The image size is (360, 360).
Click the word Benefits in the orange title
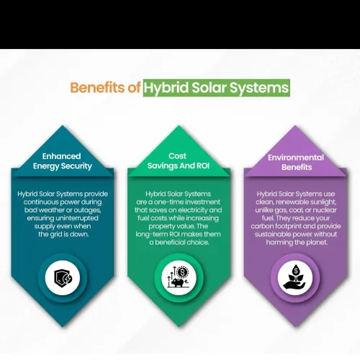pyautogui.click(x=98, y=87)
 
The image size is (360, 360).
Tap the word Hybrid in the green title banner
pyautogui.click(x=166, y=88)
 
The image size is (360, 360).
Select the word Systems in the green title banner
pyautogui.click(x=259, y=88)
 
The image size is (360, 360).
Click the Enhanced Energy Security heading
pyautogui.click(x=62, y=161)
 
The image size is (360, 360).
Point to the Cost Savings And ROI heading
pyautogui.click(x=179, y=161)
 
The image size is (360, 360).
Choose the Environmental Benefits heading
pyautogui.click(x=296, y=162)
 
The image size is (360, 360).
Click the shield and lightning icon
pyautogui.click(x=63, y=278)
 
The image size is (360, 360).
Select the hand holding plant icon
pyautogui.click(x=295, y=278)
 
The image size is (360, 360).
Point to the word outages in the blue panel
pyautogui.click(x=87, y=210)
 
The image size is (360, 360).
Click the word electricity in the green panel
pyautogui.click(x=193, y=210)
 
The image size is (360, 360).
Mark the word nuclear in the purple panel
pyautogui.click(x=325, y=210)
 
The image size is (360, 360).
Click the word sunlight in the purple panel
pyautogui.click(x=323, y=202)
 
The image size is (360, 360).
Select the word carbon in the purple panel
pyautogui.click(x=262, y=226)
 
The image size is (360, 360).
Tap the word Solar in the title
pyautogui.click(x=209, y=87)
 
